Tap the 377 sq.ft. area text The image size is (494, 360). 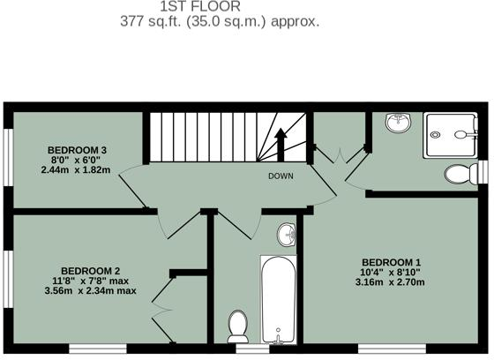coord(220,21)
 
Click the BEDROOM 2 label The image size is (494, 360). coord(90,271)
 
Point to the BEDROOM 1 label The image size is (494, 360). coord(393,263)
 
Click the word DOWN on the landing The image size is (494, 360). coord(281,176)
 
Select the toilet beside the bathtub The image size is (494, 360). coord(237,326)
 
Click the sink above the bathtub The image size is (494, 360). coord(288,236)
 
